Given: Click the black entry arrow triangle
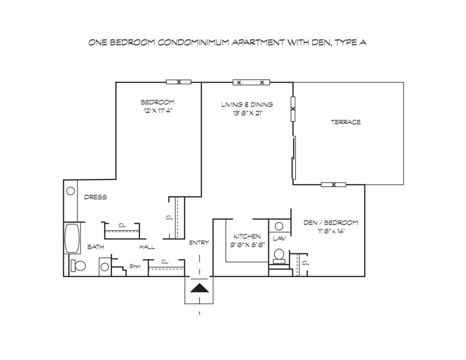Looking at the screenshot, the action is pos(199,288).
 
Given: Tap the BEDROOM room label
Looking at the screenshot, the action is pos(157,102).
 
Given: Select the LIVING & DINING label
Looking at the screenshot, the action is pos(247,105).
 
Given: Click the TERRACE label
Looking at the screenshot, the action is pos(346,122).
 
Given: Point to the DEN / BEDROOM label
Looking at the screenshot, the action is pos(330,223).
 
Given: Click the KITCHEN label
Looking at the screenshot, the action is pos(247,236).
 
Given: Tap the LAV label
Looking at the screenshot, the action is pos(279,238).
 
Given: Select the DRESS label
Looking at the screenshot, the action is pos(96,197).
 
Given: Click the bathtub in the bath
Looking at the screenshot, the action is pos(72,238).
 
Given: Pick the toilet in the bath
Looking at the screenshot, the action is pos(78,266).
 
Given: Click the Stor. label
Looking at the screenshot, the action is pos(135,266).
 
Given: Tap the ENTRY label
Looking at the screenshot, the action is pos(199,243).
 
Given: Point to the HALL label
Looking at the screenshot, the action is pos(147,247).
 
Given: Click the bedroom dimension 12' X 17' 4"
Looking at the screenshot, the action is pos(157,111).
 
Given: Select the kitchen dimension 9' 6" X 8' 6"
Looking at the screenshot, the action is pos(247,245).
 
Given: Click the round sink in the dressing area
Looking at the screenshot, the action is pos(71,191).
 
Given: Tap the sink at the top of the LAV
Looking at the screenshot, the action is pos(279,227).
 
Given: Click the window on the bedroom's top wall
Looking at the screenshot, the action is pos(178,82).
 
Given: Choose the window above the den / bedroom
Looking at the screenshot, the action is pos(334,185).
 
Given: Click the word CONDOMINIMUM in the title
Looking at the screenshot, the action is pos(193,42).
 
